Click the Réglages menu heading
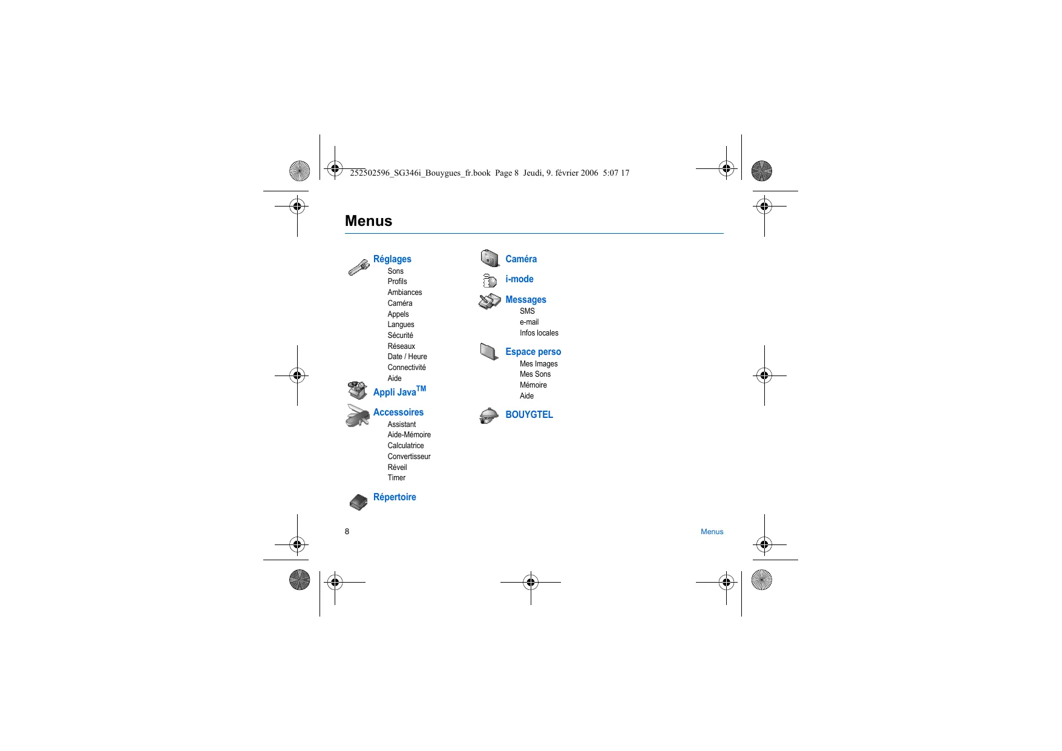[392, 259]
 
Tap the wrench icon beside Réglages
[358, 267]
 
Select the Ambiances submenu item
[405, 293]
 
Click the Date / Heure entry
[407, 357]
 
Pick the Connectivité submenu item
[407, 368]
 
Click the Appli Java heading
[399, 392]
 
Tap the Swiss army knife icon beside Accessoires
[358, 415]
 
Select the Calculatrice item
[405, 446]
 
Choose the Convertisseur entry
[409, 457]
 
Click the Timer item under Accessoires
[396, 478]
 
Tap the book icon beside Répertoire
[358, 501]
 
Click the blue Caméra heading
[521, 259]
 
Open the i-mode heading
[519, 279]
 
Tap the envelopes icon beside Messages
[490, 301]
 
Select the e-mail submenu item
[529, 322]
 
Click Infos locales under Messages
[539, 333]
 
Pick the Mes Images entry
[539, 364]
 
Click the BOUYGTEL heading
[529, 415]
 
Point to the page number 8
[347, 532]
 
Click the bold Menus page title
[369, 221]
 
